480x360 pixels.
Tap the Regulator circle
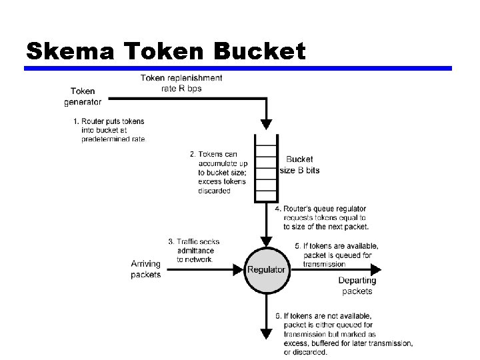pos(267,270)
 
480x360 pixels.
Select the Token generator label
pos(83,97)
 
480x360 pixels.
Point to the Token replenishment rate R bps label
pos(181,83)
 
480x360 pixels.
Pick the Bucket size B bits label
pos(299,165)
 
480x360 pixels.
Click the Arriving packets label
pos(145,269)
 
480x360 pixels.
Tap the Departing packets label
pos(357,286)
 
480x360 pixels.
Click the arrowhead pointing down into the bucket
pos(267,124)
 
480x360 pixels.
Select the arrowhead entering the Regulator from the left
pos(237,270)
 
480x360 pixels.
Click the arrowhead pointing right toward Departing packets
pos(377,270)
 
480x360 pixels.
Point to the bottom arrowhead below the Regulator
pos(267,333)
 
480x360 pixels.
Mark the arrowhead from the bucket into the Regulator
pos(267,241)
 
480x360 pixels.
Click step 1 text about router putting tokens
pos(109,130)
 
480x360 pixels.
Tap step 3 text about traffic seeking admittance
pos(195,250)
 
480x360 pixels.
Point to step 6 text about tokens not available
pos(343,334)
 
